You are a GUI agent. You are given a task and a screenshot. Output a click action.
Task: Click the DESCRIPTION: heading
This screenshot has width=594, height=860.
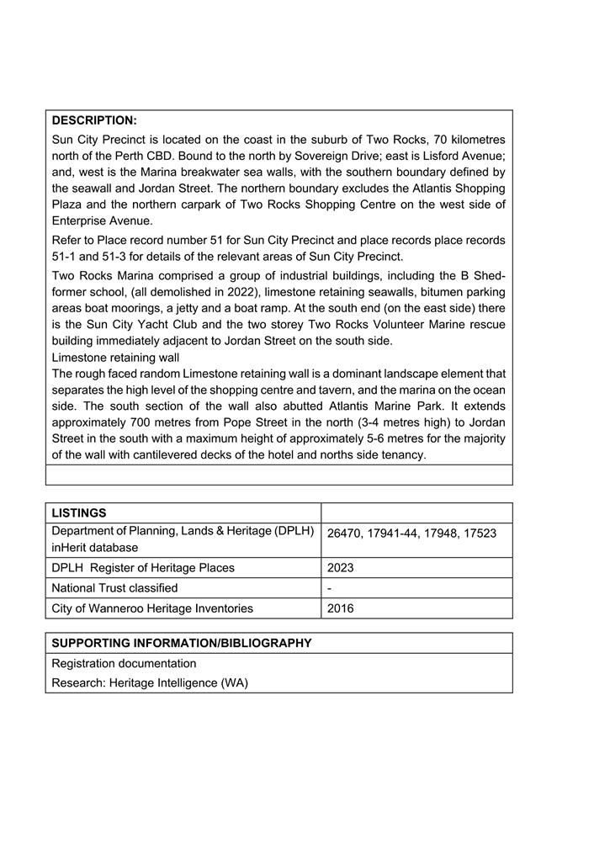tap(94, 120)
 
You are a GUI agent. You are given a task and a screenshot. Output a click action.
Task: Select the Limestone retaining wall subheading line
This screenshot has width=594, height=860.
tap(115, 357)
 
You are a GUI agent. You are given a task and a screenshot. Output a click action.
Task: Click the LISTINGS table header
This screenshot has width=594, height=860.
tap(79, 512)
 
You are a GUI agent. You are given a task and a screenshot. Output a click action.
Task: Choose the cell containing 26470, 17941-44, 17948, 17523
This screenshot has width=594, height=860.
tap(411, 534)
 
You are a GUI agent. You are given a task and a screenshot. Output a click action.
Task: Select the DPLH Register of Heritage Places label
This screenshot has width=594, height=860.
tap(143, 568)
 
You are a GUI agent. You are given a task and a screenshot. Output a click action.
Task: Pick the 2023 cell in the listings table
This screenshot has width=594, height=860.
tap(341, 568)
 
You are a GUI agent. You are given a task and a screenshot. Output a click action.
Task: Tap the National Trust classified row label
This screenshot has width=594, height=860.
tap(114, 588)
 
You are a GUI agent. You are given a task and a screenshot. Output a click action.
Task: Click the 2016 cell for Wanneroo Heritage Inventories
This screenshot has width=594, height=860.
tap(341, 608)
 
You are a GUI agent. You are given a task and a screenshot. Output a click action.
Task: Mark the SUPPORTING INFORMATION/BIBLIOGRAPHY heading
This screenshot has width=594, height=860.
tap(182, 643)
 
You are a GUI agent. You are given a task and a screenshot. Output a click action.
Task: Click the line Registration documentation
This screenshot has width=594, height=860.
tap(124, 663)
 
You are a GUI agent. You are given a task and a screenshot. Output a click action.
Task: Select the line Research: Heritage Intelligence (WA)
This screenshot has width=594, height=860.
tap(150, 683)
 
